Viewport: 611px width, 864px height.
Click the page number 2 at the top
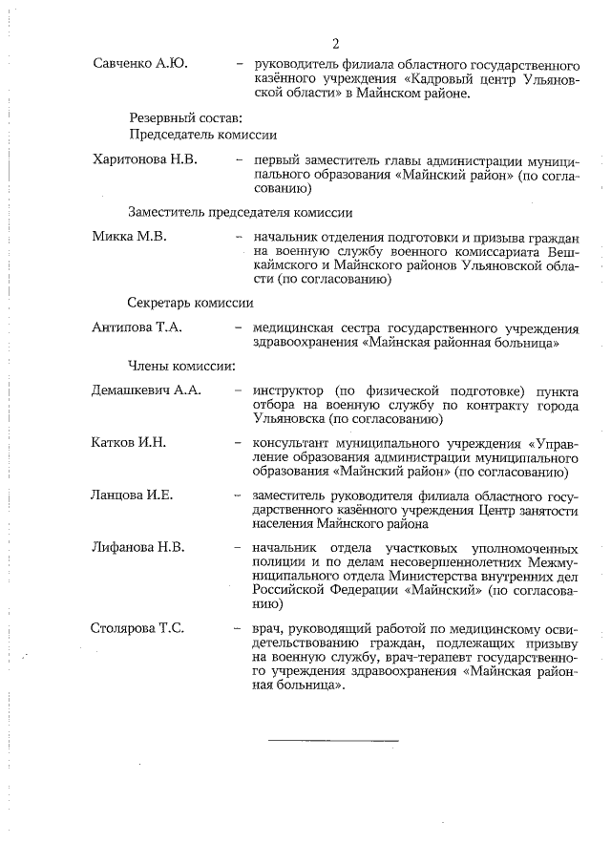(336, 43)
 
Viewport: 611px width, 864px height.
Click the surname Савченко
(123, 64)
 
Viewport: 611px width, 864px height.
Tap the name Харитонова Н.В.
(144, 158)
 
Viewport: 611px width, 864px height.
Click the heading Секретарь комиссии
(191, 303)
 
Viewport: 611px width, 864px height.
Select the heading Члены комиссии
(183, 366)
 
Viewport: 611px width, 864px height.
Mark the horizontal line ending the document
(332, 739)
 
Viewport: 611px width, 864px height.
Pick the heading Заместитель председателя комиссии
(241, 212)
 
